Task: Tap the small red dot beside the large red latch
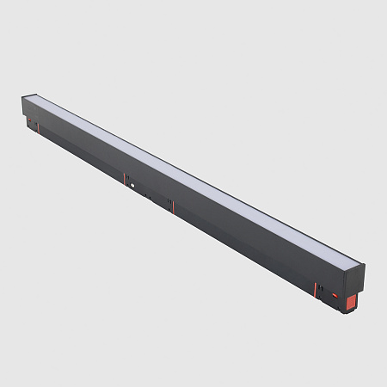tap(335, 295)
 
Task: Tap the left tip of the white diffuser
tap(34, 101)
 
